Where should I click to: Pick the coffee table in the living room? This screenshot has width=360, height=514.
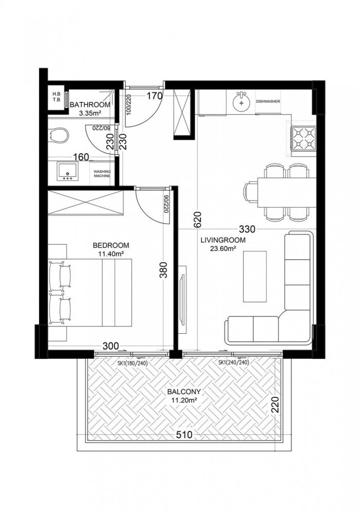[x=255, y=277]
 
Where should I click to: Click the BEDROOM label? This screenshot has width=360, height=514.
[x=111, y=245]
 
